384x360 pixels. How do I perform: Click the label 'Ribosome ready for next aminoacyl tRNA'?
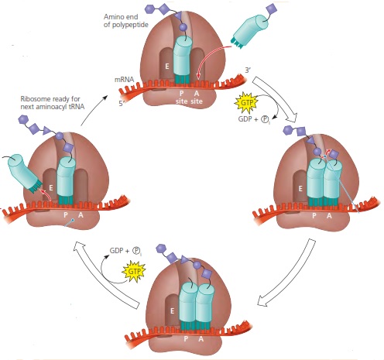click(52, 104)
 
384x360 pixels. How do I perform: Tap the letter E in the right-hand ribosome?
click(297, 187)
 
